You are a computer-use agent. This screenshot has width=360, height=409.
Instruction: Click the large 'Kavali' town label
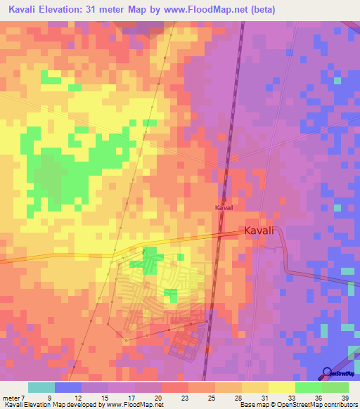coord(262,231)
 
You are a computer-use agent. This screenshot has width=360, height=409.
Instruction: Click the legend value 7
coord(24,398)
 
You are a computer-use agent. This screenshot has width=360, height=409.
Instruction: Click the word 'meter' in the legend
coord(11,398)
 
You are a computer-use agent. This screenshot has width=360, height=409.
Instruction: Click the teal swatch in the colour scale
coord(41,387)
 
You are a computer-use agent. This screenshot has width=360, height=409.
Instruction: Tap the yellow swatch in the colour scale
coord(281,387)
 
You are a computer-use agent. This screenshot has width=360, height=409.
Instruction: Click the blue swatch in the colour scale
coord(67,387)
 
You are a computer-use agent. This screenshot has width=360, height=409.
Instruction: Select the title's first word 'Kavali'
coord(27,9)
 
